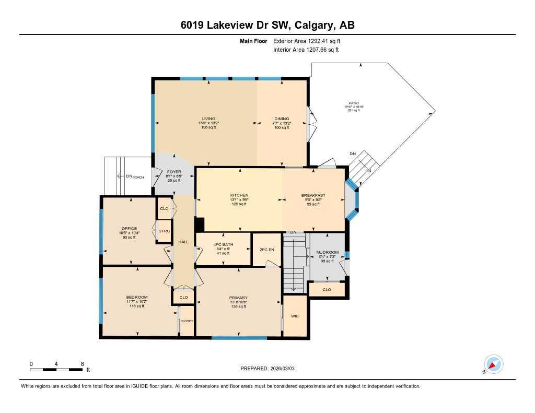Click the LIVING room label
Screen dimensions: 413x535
[209, 119]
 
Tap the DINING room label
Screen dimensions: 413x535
[282, 119]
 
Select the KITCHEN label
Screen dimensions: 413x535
[239, 195]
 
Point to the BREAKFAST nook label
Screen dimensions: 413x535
[313, 195]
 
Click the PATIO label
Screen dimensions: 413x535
[354, 103]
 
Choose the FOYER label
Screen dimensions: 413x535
[173, 172]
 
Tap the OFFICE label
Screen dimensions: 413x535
[129, 229]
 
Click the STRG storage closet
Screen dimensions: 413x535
[165, 230]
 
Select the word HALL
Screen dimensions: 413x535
[183, 242]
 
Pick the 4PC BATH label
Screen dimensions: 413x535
[223, 244]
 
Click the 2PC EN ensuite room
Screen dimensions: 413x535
[267, 250]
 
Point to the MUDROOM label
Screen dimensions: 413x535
[328, 253]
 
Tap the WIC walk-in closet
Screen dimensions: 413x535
[295, 316]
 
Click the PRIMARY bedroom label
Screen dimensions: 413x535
[239, 297]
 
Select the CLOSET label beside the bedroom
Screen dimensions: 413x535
[187, 321]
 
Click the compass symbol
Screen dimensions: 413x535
[493, 364]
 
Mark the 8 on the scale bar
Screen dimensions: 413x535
[82, 363]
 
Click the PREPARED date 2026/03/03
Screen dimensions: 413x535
[271, 369]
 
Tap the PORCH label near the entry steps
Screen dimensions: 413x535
[138, 176]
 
